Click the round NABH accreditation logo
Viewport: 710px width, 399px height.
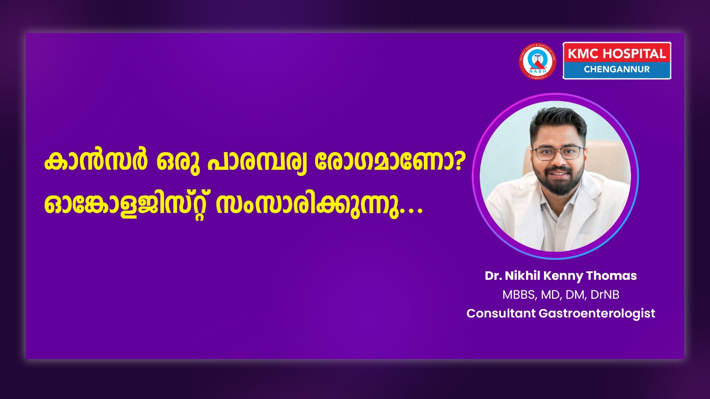[x=537, y=61]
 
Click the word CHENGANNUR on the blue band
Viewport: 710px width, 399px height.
[x=617, y=69]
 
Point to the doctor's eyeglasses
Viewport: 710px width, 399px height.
[x=559, y=153]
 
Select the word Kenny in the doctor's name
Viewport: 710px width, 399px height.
[x=563, y=276]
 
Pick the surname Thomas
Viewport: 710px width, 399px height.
[x=611, y=275]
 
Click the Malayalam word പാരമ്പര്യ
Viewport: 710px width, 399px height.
[x=257, y=163]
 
